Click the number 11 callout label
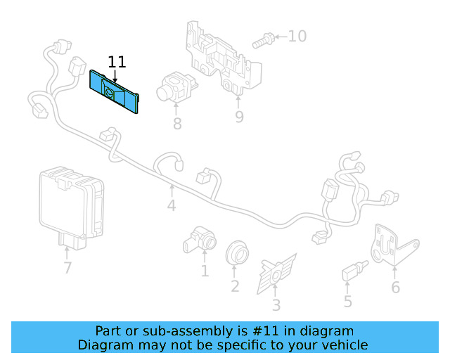tap(117, 62)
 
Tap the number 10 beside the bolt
tap(297, 35)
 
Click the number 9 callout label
tap(239, 117)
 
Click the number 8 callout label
tap(177, 124)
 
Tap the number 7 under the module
tap(67, 267)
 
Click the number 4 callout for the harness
tap(172, 206)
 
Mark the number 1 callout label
tap(205, 271)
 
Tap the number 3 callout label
tap(276, 305)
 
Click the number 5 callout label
tap(347, 302)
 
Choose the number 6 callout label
tap(395, 287)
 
